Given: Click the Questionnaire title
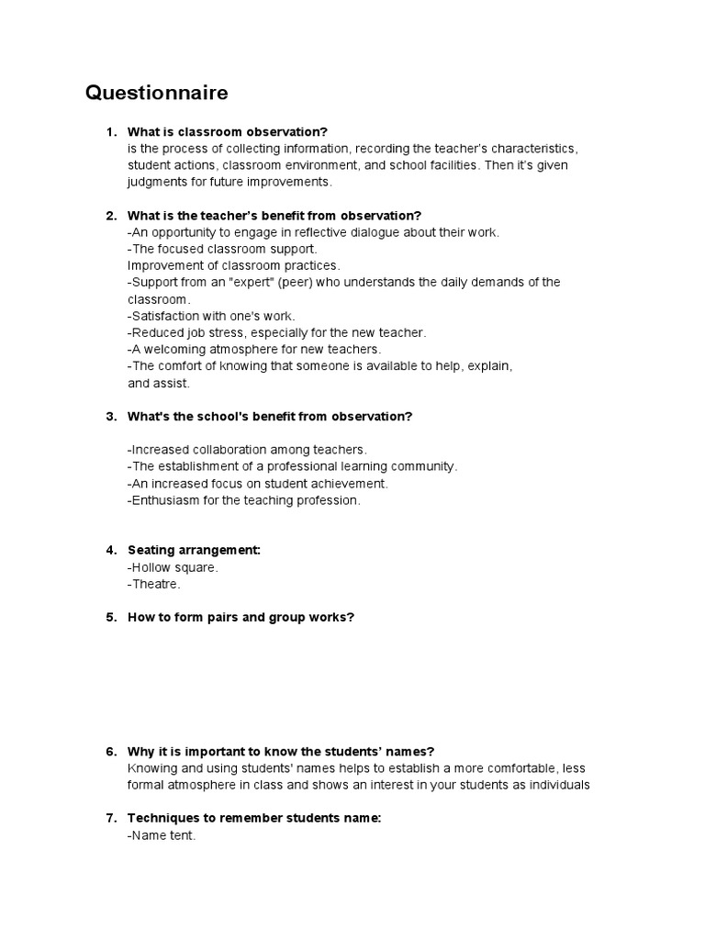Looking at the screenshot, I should pyautogui.click(x=157, y=93).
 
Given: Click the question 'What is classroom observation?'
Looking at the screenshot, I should pyautogui.click(x=228, y=132).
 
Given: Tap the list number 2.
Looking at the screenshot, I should pyautogui.click(x=110, y=216).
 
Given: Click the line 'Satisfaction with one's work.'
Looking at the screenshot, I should pyautogui.click(x=211, y=316).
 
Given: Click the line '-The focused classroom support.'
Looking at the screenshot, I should pyautogui.click(x=222, y=249).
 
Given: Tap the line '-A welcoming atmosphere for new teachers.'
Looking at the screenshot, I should pyautogui.click(x=253, y=349).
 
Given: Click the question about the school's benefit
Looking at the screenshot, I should pyautogui.click(x=270, y=416).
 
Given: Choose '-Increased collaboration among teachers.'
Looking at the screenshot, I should pyautogui.click(x=247, y=450).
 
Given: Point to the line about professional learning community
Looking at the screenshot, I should pyautogui.click(x=292, y=466).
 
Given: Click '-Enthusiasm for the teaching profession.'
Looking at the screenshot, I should pyautogui.click(x=244, y=500).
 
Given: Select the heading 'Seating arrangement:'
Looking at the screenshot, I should pyautogui.click(x=194, y=550).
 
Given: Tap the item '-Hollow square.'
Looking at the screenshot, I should pyautogui.click(x=173, y=567).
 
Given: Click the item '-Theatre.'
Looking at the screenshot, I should pyautogui.click(x=154, y=584).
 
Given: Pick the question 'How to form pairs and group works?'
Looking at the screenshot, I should pyautogui.click(x=241, y=617).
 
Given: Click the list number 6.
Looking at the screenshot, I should pyautogui.click(x=110, y=751).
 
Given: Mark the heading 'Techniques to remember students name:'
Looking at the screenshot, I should pyautogui.click(x=253, y=818).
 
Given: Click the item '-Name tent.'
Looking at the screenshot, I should pyautogui.click(x=162, y=835).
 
